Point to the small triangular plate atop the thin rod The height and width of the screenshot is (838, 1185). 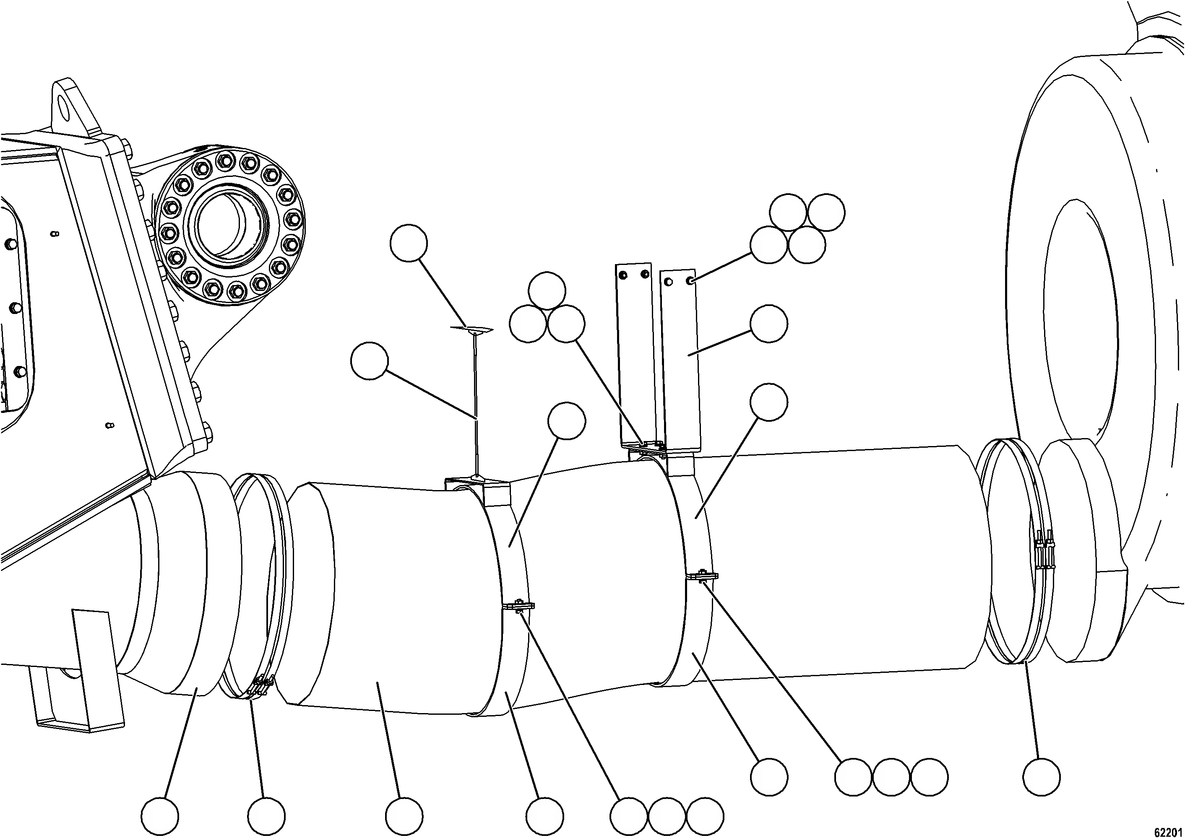(471, 329)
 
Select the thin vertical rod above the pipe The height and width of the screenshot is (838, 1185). (475, 402)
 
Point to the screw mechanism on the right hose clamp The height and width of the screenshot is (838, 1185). (1043, 554)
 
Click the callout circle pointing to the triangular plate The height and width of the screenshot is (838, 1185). (409, 243)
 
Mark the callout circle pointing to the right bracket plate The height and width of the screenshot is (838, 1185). (769, 324)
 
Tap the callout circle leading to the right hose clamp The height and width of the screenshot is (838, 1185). (1042, 791)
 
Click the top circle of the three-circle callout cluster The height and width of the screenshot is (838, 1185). (547, 291)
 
